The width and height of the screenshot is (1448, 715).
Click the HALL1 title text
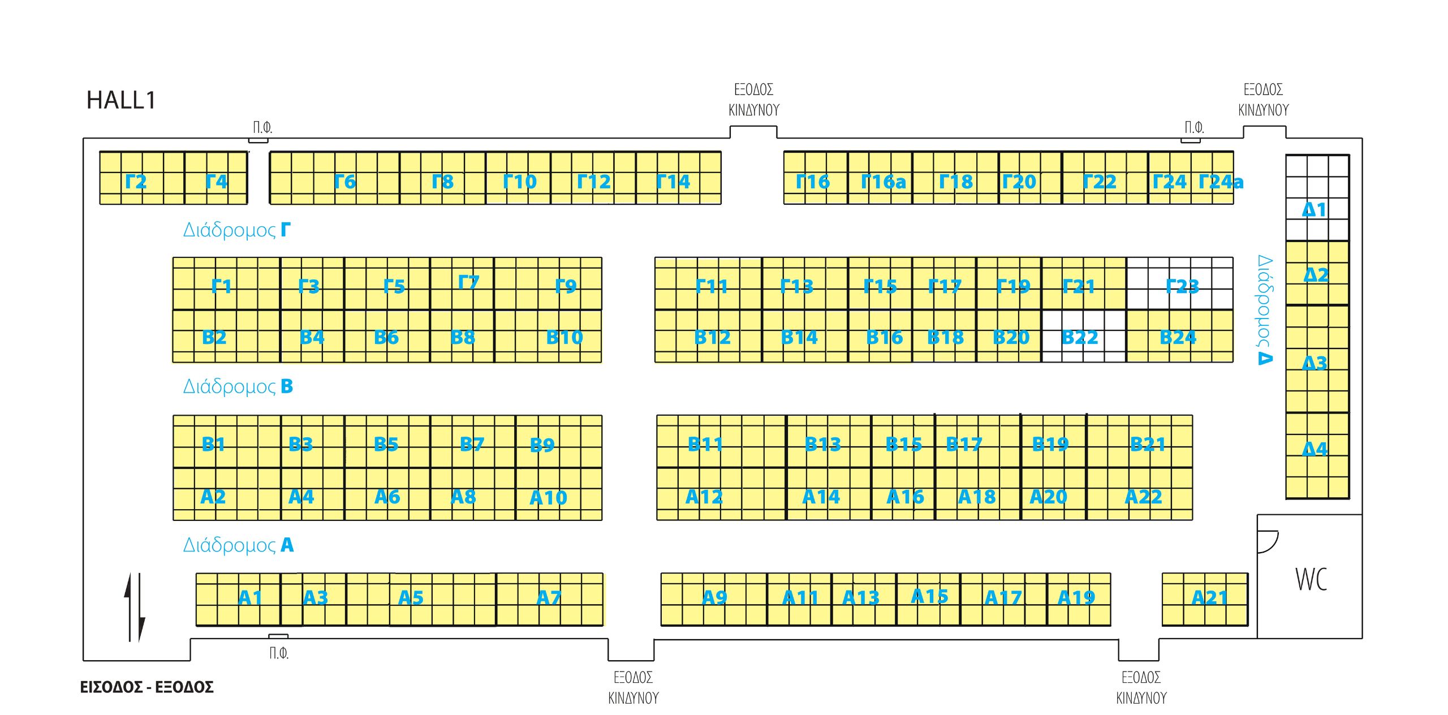[120, 100]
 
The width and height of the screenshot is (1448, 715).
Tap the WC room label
[1311, 579]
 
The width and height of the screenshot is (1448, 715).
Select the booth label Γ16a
[883, 182]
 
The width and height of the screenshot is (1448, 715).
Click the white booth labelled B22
[1080, 338]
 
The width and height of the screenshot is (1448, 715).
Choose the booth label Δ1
[1314, 210]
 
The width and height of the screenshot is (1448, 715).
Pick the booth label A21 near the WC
[1209, 598]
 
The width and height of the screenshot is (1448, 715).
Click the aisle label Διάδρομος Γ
[236, 230]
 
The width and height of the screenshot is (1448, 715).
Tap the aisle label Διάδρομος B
[238, 387]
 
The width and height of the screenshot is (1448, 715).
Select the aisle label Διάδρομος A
[238, 545]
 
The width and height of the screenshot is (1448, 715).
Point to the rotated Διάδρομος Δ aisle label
[1265, 310]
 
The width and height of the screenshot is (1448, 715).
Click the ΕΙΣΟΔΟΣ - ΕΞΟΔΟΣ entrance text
[146, 687]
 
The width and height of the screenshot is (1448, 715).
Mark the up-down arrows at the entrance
[135, 608]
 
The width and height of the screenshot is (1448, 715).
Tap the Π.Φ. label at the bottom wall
[279, 653]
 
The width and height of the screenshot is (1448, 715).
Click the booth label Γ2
[136, 182]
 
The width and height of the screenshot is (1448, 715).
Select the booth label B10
[564, 338]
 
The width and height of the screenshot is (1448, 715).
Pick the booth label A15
[929, 597]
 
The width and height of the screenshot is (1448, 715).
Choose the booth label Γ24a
[1221, 182]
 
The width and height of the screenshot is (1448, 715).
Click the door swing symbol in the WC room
[1267, 541]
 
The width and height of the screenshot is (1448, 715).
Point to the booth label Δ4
[1315, 449]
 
